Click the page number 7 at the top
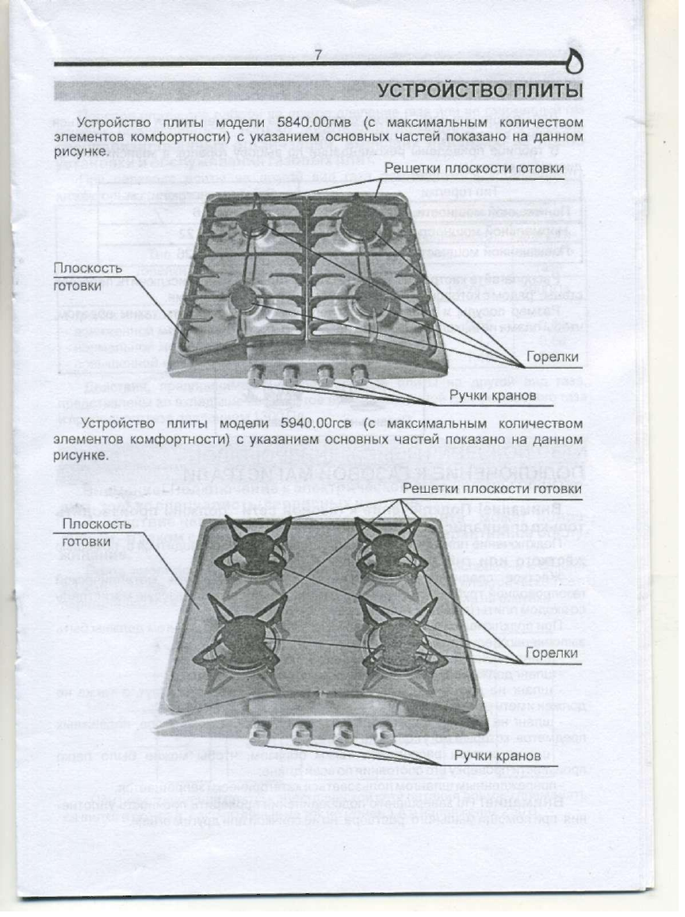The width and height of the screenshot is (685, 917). [317, 55]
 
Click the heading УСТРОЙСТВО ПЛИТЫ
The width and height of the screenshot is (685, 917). [480, 91]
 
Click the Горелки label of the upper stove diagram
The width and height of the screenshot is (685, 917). [553, 357]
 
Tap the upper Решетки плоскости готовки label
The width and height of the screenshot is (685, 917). [474, 168]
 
